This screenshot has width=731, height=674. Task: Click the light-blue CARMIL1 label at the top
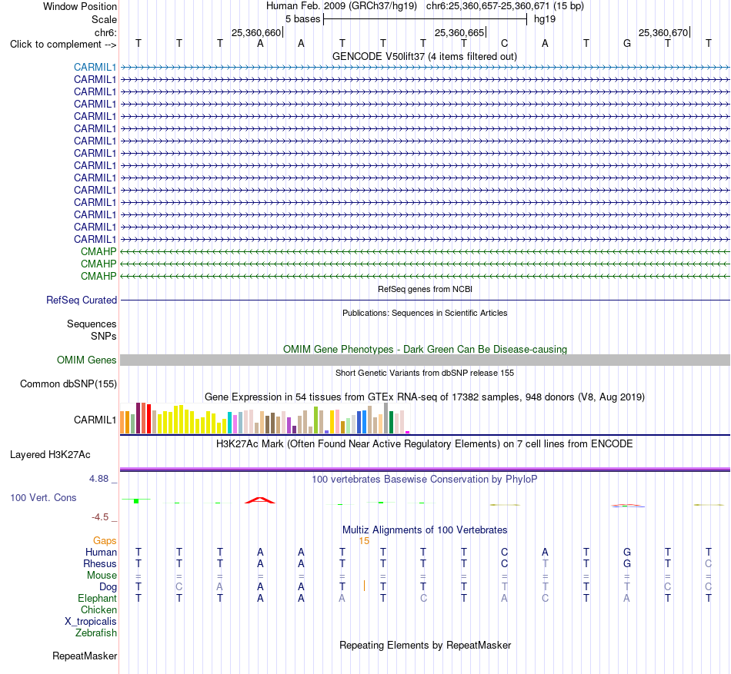(95, 67)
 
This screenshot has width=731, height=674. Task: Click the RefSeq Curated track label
(82, 300)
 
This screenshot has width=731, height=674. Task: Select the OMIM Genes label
(87, 360)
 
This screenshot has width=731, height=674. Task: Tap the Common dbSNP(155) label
(68, 384)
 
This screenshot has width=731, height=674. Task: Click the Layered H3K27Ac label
(50, 455)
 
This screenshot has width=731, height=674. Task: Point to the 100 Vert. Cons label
(43, 497)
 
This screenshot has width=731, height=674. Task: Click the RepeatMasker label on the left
(85, 656)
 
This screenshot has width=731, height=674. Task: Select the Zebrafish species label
(96, 633)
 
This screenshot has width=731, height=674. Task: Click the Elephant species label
(97, 598)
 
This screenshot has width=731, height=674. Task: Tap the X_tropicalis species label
(91, 622)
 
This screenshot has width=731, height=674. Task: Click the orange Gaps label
(105, 540)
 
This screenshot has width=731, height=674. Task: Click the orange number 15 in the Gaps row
(364, 541)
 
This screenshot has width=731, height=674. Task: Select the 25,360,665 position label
(459, 32)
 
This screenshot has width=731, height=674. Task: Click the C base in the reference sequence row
(505, 44)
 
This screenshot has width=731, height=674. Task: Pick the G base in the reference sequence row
(627, 44)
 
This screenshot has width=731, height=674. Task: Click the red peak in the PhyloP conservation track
(260, 500)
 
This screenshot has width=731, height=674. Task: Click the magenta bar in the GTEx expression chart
(408, 433)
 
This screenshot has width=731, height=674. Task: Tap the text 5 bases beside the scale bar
(303, 19)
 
